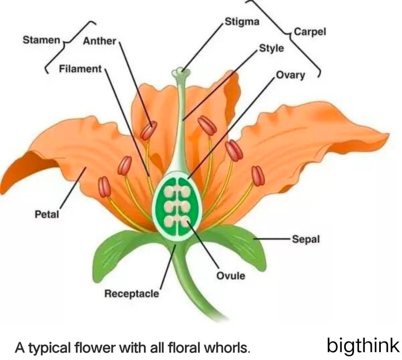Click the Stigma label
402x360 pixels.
pos(242,21)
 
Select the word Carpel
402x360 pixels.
pos(310,32)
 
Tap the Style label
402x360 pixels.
pos(271,48)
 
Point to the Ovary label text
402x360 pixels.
pos(290,75)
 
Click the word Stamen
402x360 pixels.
pos(41,40)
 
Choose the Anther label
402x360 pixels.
pos(99,41)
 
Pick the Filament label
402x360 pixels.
pos(80,69)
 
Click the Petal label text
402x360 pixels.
pos(47,214)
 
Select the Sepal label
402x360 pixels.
pos(306,239)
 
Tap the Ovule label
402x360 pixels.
pos(231,276)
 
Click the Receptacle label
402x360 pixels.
pos(132,293)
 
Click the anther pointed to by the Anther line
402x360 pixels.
pos(149,130)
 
